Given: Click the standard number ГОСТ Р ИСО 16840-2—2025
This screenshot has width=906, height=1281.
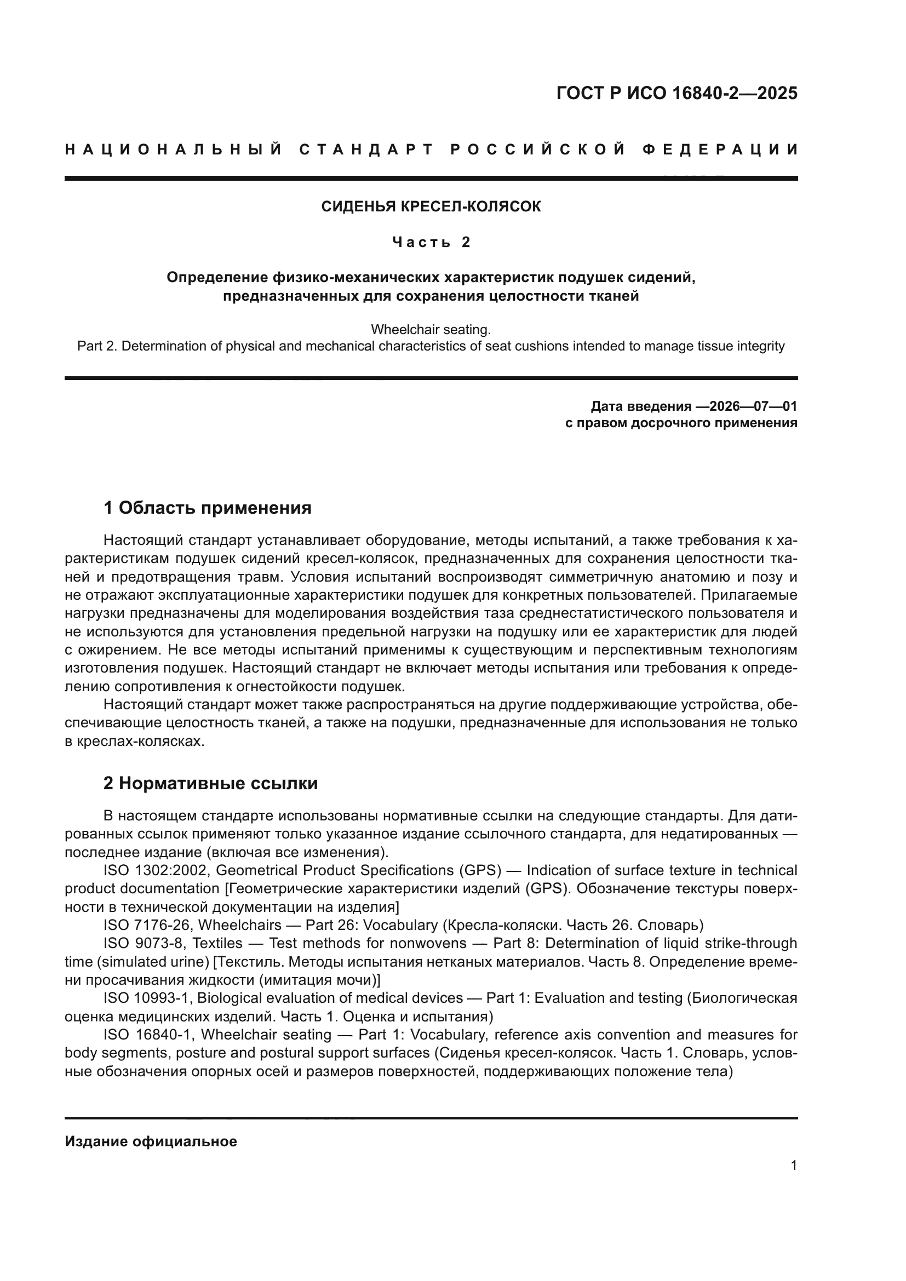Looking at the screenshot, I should [676, 93].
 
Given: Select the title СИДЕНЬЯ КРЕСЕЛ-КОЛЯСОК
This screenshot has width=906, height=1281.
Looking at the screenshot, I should [431, 207].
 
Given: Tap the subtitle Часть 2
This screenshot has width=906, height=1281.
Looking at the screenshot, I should [431, 242].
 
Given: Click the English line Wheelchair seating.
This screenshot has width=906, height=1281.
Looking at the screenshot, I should [431, 329].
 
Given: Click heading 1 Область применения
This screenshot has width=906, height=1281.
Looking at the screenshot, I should [207, 508].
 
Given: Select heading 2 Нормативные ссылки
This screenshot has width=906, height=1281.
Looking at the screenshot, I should [210, 783].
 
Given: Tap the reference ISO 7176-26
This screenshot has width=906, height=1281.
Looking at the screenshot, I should [147, 925].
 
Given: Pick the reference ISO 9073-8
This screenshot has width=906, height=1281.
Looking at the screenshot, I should [144, 944].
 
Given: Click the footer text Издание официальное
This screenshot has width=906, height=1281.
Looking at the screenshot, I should [151, 1141].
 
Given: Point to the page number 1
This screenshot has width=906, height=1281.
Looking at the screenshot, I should [793, 1165].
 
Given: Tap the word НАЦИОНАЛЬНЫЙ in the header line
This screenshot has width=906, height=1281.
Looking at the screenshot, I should [174, 150].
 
